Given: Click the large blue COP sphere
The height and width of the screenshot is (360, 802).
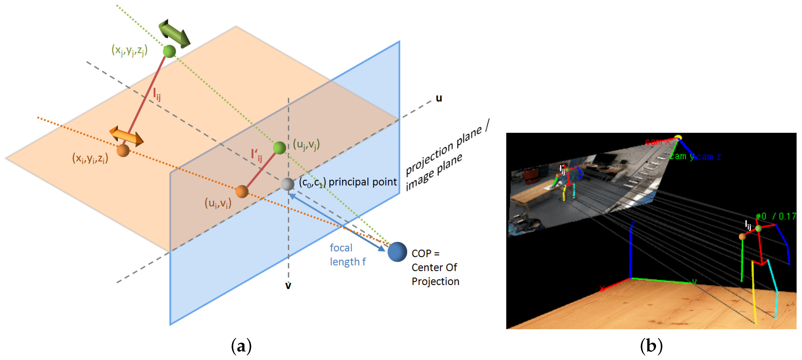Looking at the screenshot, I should click(397, 252).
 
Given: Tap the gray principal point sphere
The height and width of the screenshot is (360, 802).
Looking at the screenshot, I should click(287, 184).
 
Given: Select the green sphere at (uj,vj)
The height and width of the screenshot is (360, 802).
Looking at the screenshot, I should click(279, 148).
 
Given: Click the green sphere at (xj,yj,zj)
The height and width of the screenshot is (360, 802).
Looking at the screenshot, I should click(169, 51).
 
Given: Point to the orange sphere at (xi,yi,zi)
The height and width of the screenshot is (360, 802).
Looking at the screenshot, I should click(123, 151).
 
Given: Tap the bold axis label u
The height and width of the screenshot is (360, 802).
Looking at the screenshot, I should click(439, 98).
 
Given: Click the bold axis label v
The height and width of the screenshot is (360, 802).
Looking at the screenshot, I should click(288, 285).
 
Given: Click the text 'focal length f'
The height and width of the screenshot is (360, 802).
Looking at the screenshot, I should click(347, 255).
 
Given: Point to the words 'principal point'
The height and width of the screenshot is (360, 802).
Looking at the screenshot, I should click(363, 182).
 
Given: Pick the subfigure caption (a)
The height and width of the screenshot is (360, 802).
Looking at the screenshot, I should click(241, 346).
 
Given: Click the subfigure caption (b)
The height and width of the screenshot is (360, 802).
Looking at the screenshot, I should click(651, 346).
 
